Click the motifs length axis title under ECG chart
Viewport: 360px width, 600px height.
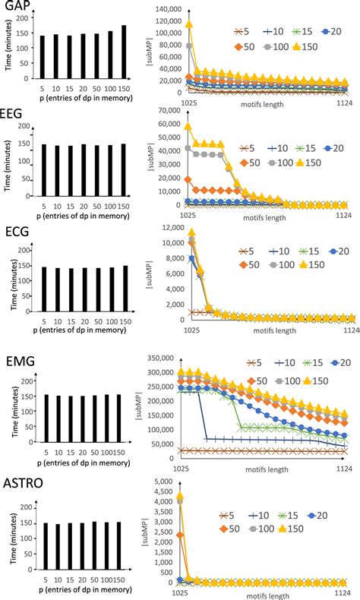(264, 331)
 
